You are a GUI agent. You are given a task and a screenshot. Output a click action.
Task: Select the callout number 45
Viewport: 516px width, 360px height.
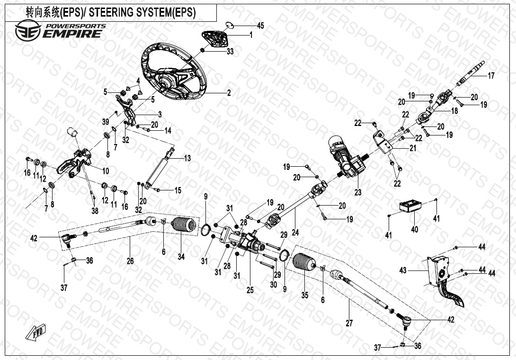pos(260,25)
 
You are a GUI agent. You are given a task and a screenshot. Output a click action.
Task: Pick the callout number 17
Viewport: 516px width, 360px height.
pos(491,75)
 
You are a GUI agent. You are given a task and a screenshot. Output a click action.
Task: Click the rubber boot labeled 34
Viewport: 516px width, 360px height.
pos(184,227)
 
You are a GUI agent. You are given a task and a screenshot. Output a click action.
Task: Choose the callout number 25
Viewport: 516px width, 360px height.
pos(250,290)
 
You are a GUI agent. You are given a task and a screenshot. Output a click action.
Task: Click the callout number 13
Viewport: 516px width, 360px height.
pos(187,158)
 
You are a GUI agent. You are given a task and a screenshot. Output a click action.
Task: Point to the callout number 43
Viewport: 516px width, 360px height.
pos(403,270)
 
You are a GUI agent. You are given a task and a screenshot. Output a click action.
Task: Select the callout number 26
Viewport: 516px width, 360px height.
pos(130,261)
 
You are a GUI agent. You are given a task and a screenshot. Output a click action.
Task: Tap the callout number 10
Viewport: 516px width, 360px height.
pos(105,170)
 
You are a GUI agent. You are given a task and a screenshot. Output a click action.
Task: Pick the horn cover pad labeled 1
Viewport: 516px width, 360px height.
pos(216,36)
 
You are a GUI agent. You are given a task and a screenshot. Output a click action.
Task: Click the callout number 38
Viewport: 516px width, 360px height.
pos(95,211)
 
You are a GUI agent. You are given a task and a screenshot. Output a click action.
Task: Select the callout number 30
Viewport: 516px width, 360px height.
pos(274,284)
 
